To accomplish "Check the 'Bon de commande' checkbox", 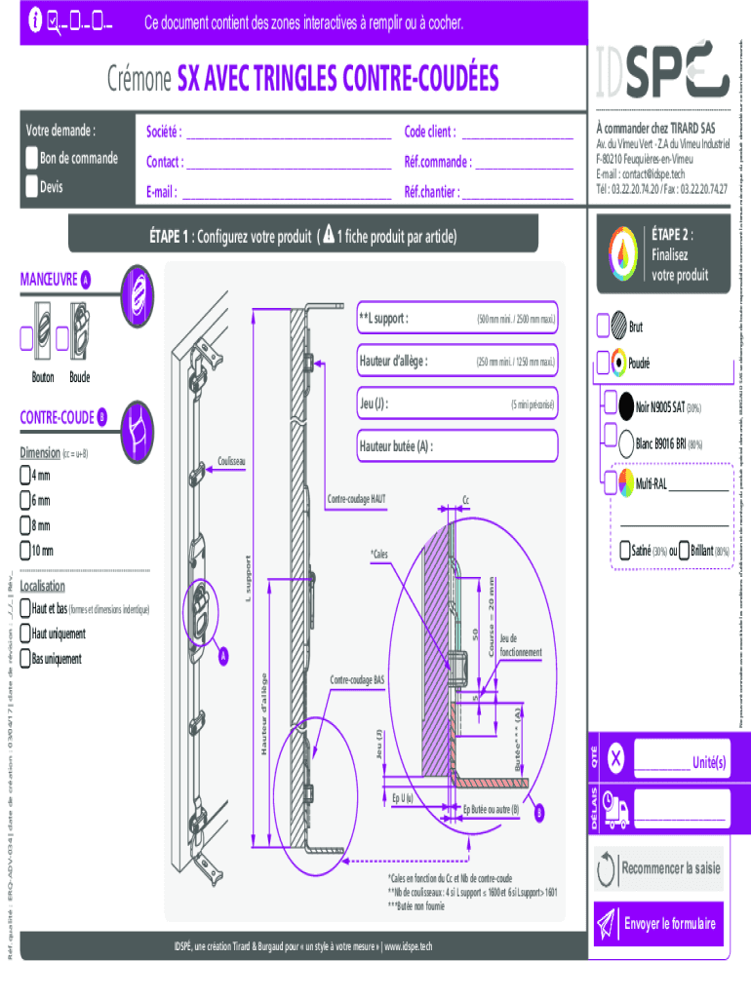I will [32, 158].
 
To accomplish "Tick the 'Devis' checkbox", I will [32, 186].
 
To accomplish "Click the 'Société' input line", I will [288, 134].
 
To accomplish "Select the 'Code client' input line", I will [516, 134].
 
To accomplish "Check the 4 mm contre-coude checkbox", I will [25, 476].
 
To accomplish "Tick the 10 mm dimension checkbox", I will [25, 552].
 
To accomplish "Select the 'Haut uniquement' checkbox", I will [25, 633].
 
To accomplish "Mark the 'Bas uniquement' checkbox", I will [25, 659].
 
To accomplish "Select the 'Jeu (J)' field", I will [456, 403].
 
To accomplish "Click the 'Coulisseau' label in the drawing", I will [231, 461].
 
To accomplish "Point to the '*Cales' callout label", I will [378, 554].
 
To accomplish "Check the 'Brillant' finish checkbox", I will [684, 551].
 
